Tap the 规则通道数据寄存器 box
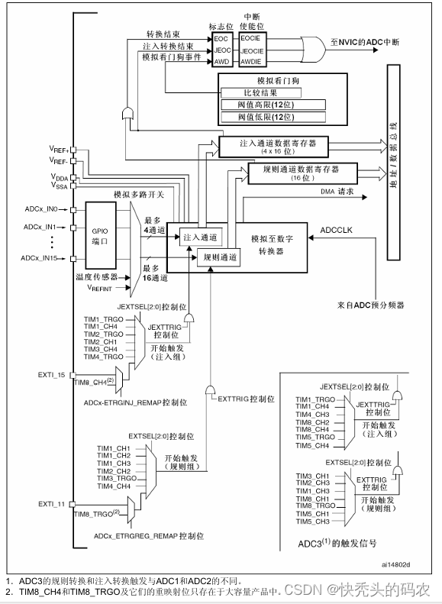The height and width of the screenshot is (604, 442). (x=293, y=171)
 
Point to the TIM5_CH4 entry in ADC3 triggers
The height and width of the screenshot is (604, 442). (x=313, y=445)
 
